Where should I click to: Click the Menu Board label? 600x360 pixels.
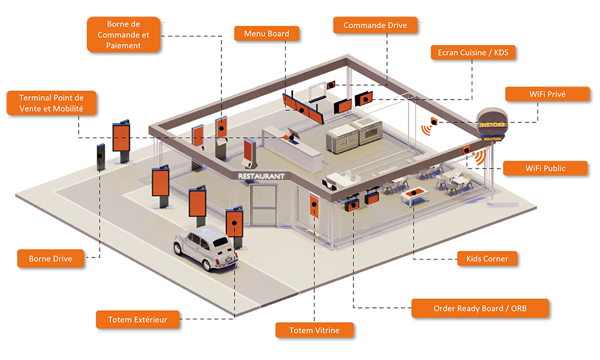point(266,34)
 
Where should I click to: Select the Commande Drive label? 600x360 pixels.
point(375,26)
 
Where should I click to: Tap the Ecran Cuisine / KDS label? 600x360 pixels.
point(473,53)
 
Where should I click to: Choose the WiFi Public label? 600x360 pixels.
point(545,168)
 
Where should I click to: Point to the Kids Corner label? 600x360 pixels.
point(487,259)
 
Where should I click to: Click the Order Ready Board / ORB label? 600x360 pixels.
point(480,308)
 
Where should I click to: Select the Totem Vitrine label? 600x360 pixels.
point(314,330)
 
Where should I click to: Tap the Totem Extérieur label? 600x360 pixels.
point(137,320)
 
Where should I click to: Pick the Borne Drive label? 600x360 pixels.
point(50,259)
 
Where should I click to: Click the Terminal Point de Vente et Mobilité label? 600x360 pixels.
point(51,103)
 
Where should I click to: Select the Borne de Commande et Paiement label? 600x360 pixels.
point(124,35)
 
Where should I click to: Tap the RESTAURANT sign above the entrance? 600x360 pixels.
point(261,176)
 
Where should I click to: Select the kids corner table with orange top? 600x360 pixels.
point(414,196)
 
